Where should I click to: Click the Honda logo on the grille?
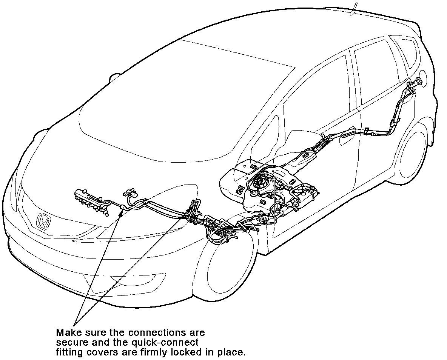click(x=44, y=221)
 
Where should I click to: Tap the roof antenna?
click(x=354, y=8)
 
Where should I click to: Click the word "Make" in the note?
click(x=68, y=332)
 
